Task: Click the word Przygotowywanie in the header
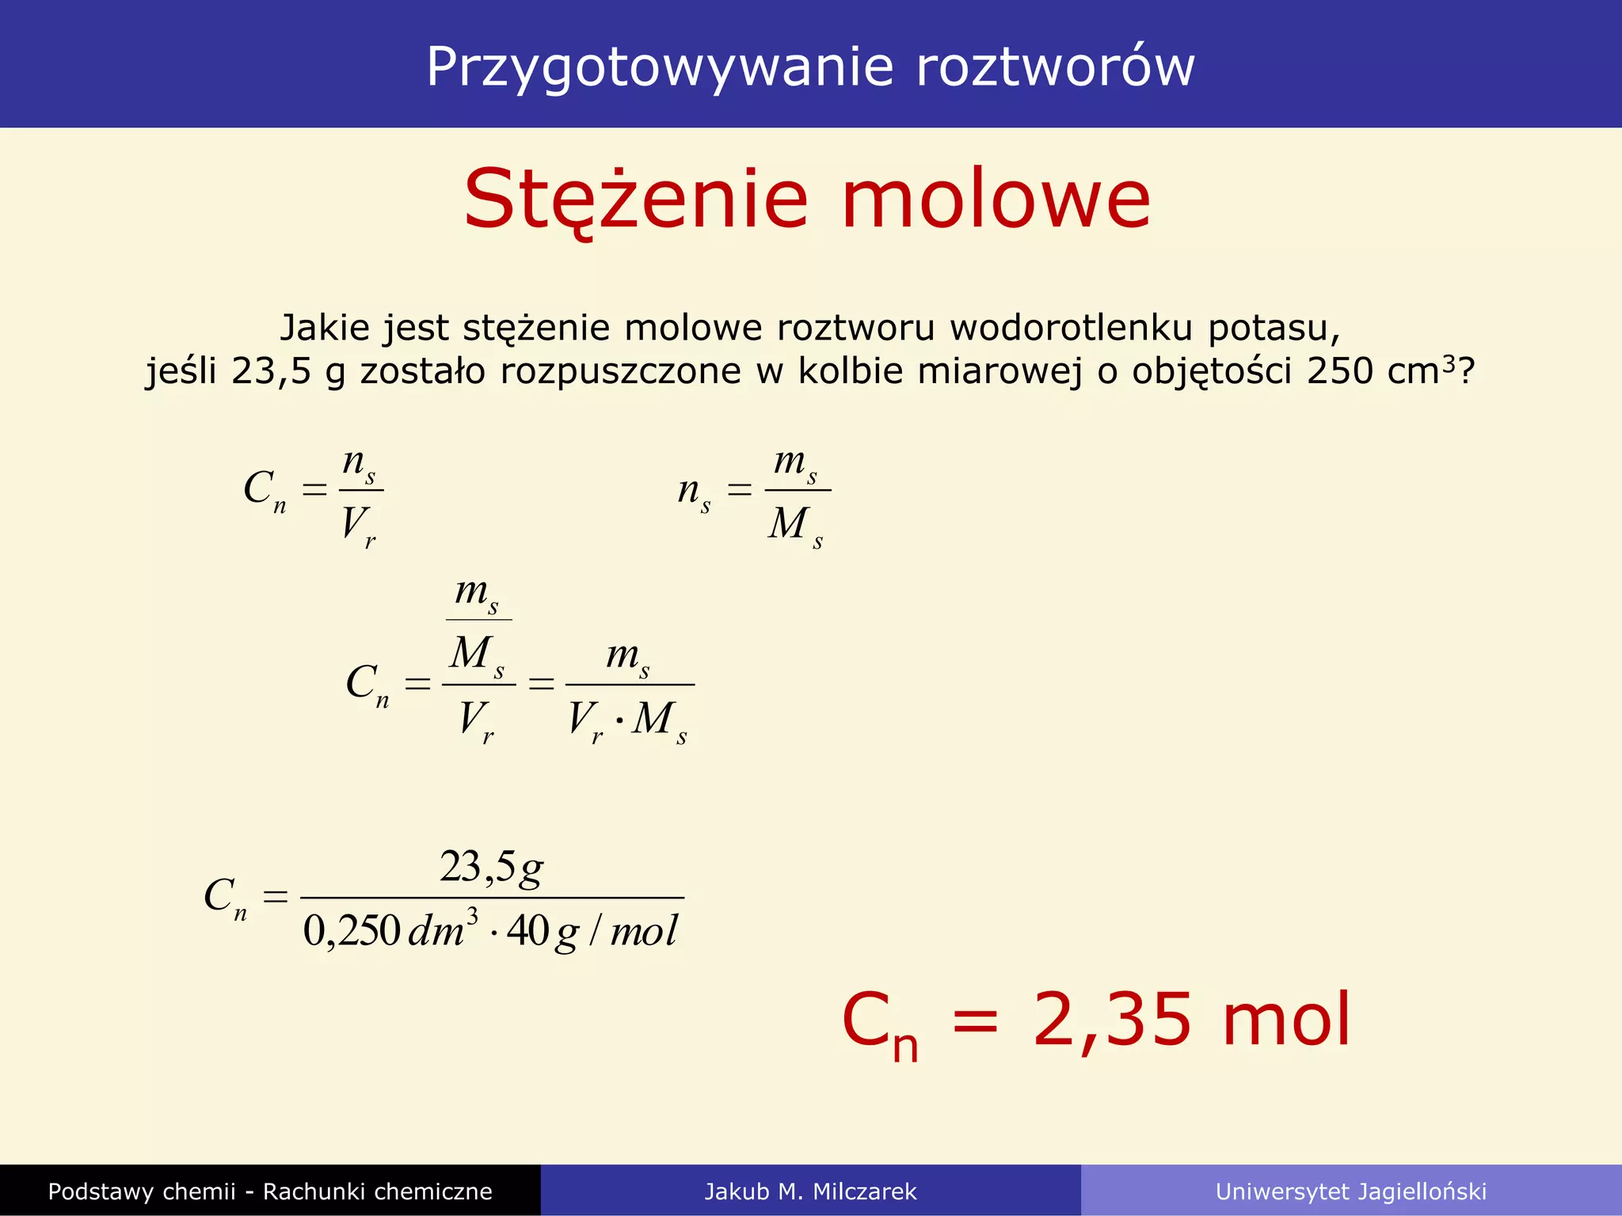click(660, 68)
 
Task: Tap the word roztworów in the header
click(1055, 68)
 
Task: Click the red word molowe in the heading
click(996, 199)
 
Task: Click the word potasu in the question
click(1273, 328)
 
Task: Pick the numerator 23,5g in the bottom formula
click(492, 868)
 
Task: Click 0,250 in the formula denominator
click(351, 931)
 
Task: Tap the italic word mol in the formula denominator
click(644, 931)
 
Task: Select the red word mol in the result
click(1286, 1021)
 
